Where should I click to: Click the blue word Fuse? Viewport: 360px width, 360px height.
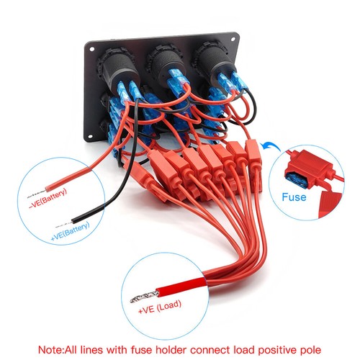coord(294,197)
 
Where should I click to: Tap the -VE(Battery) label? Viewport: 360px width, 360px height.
coord(48,199)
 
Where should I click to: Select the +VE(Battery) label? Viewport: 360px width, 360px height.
coord(70,231)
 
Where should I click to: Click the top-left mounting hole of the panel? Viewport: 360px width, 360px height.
coord(91,49)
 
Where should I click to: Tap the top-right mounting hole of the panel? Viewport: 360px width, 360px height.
coord(233,40)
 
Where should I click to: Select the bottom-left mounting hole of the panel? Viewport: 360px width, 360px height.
coord(90,136)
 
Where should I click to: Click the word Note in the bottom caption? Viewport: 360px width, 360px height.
coord(50,350)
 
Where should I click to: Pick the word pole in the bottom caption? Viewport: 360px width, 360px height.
coord(310,350)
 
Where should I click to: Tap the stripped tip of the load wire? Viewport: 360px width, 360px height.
coord(143,297)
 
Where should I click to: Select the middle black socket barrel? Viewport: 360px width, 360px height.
coord(166,62)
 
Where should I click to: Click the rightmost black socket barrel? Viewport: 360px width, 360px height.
coord(213,58)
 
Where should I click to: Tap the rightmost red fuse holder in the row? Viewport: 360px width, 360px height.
coord(253,152)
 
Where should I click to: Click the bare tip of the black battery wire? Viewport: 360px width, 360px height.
coord(63,225)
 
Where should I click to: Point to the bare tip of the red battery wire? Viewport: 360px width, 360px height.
coord(37,194)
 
